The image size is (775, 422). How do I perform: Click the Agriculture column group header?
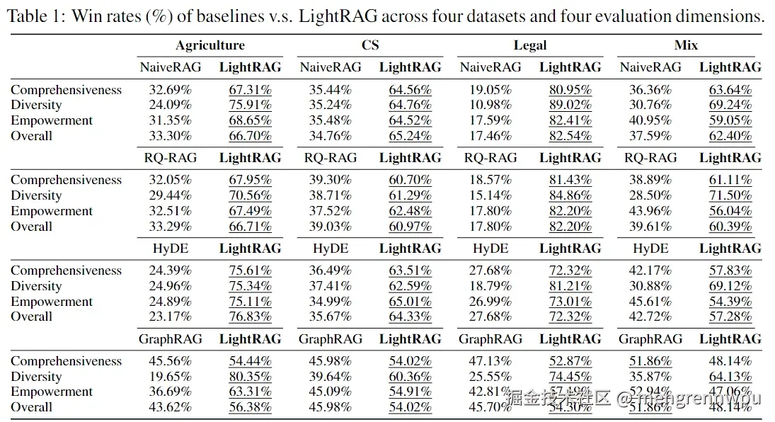[x=210, y=45]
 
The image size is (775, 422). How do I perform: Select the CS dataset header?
[x=370, y=45]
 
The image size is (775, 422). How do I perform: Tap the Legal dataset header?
[x=530, y=45]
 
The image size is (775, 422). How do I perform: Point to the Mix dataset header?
[x=686, y=45]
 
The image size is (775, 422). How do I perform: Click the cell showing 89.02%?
[x=570, y=105]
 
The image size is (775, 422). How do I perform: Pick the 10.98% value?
[x=490, y=105]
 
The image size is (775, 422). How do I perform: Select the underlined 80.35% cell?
[x=250, y=377]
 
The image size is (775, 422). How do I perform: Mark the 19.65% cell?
[x=170, y=377]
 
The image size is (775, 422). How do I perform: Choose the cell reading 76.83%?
[x=250, y=316]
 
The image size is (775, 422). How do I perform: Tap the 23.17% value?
[x=170, y=316]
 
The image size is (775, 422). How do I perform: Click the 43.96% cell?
[x=650, y=211]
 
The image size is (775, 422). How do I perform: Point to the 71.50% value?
[x=730, y=196]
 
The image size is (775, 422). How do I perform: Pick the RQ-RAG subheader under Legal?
[x=490, y=158]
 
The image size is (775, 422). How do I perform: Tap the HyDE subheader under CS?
[x=331, y=249]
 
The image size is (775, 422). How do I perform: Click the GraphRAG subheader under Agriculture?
[x=170, y=339]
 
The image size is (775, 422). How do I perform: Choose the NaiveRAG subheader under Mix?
[x=650, y=67]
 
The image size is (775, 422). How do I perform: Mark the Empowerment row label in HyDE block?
[x=52, y=302]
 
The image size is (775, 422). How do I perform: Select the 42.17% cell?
[x=650, y=271]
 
